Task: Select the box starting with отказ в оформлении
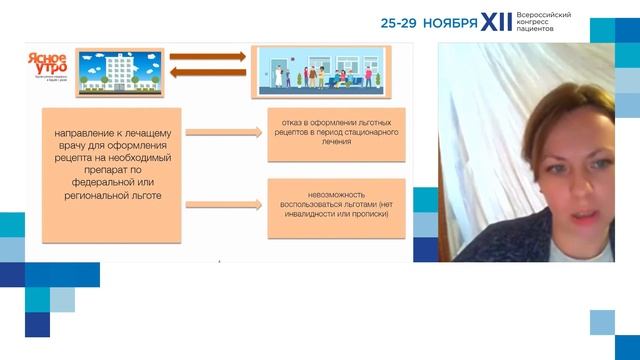[x=337, y=133]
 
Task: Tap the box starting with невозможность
[x=337, y=207]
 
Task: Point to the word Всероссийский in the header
[x=550, y=15]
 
